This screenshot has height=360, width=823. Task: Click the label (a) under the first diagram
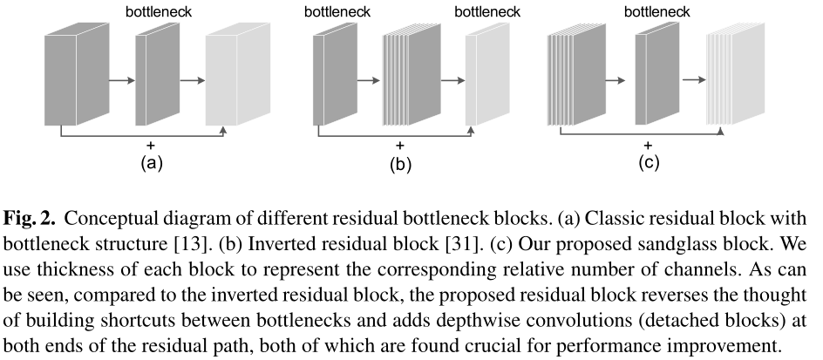(x=150, y=162)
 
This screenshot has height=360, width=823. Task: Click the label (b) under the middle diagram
(x=399, y=164)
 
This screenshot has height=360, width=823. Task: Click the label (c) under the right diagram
(x=648, y=162)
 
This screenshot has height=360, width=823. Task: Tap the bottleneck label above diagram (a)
(x=159, y=12)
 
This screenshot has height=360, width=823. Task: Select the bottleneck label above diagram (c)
(x=657, y=12)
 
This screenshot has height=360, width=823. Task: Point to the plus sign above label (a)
(x=151, y=144)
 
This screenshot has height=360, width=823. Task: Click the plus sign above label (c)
(x=648, y=145)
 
